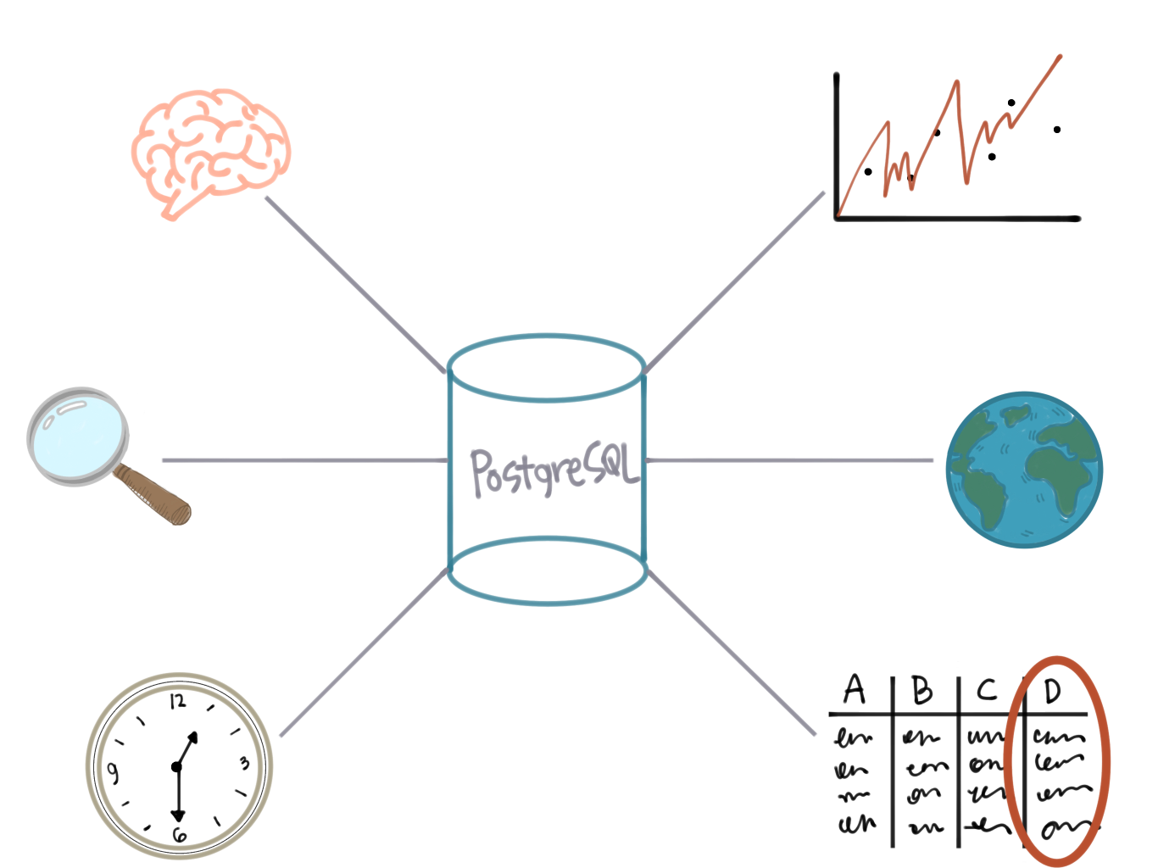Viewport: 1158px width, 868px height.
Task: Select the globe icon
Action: click(x=1024, y=470)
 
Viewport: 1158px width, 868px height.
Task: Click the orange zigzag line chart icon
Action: click(x=949, y=136)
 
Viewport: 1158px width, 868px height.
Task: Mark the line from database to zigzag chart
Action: click(x=735, y=281)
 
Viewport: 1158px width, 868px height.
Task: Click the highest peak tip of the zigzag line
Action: click(x=1060, y=57)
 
